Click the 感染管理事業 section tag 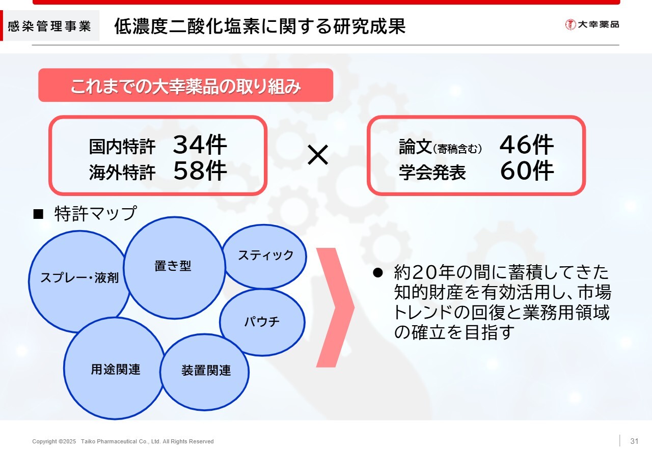click(x=50, y=25)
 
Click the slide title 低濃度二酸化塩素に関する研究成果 click(x=260, y=26)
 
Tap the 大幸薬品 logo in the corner click(x=592, y=24)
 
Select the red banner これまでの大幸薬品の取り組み click(x=186, y=85)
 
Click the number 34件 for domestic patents click(x=200, y=145)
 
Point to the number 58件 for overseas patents click(x=200, y=171)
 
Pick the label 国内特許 click(x=122, y=147)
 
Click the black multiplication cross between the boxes click(x=318, y=155)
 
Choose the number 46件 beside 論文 click(x=527, y=145)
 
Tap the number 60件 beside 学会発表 click(x=527, y=171)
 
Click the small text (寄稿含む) click(x=457, y=149)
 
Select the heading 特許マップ click(x=95, y=213)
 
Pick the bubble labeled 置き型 click(x=174, y=268)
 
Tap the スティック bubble click(x=264, y=257)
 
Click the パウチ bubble click(x=262, y=322)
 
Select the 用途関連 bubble click(x=115, y=369)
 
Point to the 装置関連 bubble click(x=204, y=372)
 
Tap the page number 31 click(x=634, y=441)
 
